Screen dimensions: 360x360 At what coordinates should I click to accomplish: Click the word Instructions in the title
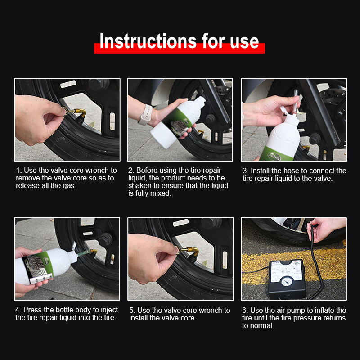point(148,41)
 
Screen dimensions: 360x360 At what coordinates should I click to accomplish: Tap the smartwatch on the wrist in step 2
point(146,115)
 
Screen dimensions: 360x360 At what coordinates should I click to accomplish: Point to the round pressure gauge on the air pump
point(287,281)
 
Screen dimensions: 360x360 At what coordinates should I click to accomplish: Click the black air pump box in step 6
point(287,279)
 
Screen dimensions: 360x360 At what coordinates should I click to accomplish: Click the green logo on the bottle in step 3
point(274,156)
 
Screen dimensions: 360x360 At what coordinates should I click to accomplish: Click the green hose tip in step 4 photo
point(84,253)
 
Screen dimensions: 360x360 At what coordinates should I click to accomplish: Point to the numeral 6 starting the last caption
point(244,310)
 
